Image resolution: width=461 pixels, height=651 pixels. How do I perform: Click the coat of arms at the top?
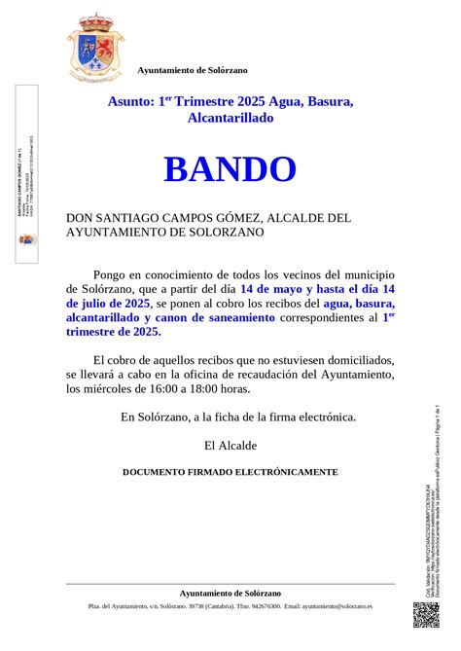[94, 46]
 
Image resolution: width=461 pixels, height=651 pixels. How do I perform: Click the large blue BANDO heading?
[230, 168]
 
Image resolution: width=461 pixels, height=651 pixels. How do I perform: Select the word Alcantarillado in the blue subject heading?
[230, 118]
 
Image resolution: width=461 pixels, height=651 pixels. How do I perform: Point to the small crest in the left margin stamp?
[27, 239]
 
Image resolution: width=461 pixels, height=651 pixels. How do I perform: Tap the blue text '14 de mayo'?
[271, 289]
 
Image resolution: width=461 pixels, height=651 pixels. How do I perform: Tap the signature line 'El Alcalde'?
[230, 446]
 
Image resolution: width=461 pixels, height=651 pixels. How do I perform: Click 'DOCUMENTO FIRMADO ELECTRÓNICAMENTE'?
[230, 472]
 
